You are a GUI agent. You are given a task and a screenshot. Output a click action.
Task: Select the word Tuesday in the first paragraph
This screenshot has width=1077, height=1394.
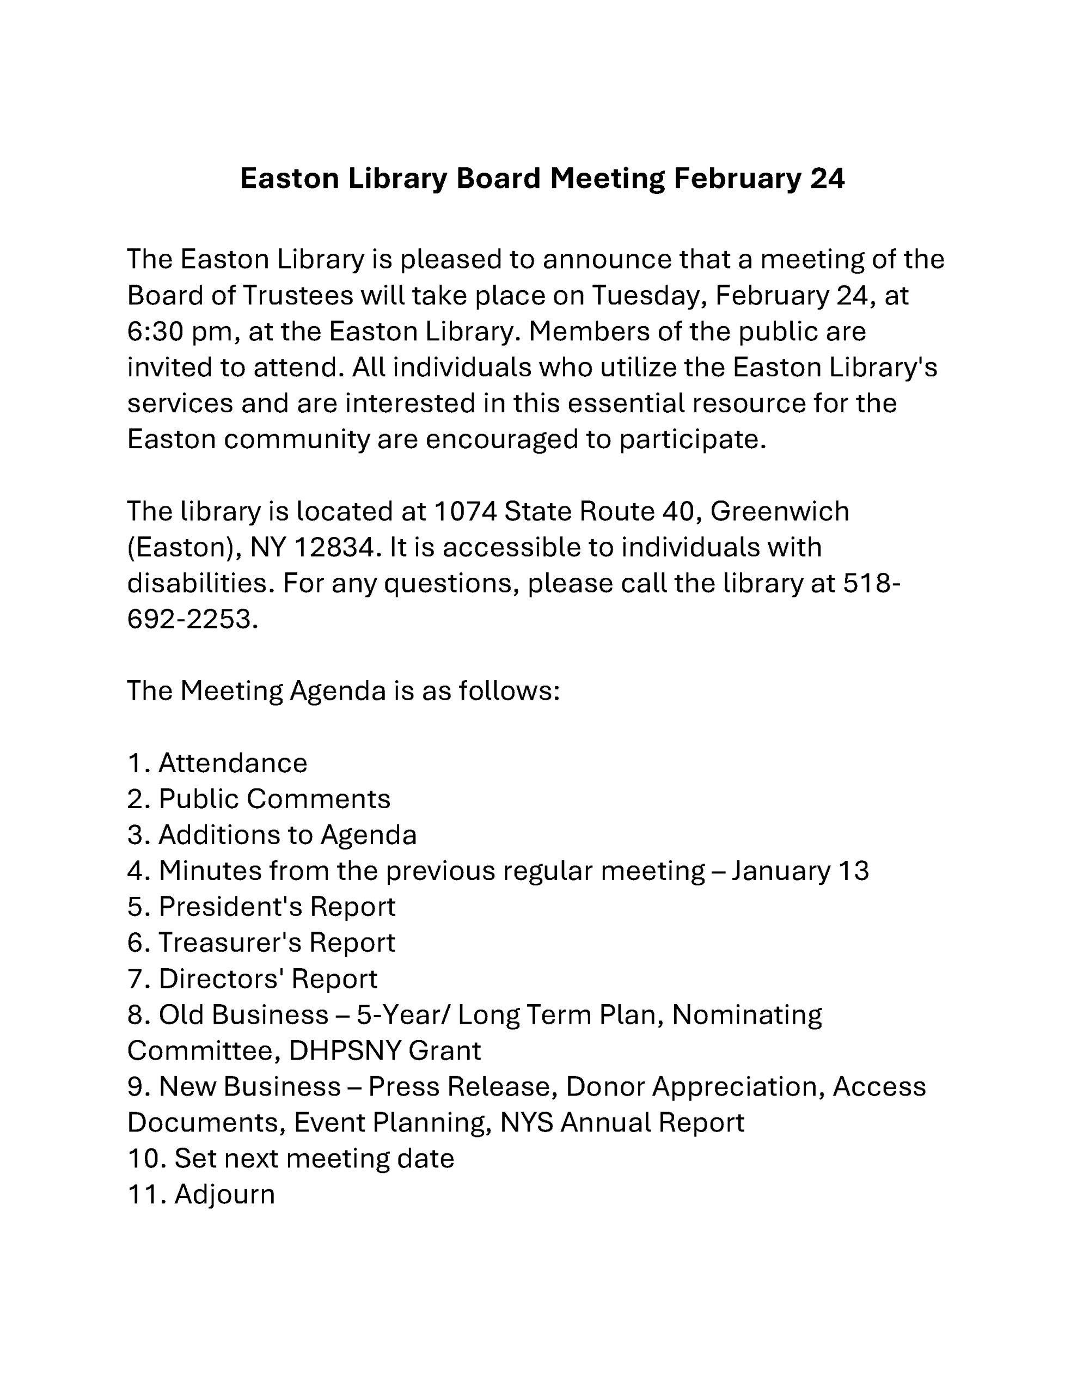click(647, 296)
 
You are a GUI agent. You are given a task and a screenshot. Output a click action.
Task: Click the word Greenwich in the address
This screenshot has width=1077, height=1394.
click(779, 511)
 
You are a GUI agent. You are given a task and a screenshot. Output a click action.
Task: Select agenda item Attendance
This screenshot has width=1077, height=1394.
click(232, 763)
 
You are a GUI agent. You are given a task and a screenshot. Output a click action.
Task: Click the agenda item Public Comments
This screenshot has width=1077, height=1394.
click(274, 798)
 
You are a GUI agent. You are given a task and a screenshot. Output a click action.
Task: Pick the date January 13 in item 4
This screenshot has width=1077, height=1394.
click(800, 871)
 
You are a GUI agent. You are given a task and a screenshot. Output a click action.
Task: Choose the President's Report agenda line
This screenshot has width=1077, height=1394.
click(277, 906)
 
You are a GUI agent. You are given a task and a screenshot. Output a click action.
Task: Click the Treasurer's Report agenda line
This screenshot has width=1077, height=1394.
click(277, 942)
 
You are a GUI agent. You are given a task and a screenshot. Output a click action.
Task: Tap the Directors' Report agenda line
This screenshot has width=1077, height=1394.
click(267, 979)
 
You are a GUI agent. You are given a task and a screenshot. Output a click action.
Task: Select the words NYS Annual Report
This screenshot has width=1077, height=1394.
click(622, 1122)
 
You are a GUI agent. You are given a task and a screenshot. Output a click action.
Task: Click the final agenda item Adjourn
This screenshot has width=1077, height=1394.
click(224, 1194)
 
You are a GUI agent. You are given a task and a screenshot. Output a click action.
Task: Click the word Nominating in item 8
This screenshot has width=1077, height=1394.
click(747, 1014)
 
